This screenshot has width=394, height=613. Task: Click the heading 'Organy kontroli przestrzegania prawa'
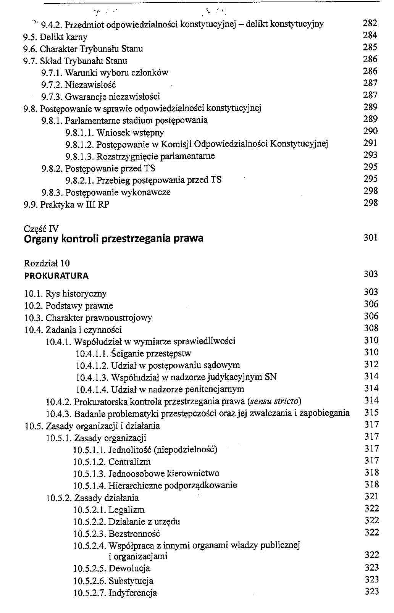[113, 239]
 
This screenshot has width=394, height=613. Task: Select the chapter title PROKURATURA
[56, 276]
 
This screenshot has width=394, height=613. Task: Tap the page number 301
[370, 238]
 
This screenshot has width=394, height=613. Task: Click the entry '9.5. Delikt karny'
[55, 37]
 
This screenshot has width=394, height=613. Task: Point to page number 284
[370, 35]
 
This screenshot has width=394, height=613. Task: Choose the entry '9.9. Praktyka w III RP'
[66, 205]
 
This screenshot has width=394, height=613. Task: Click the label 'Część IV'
[41, 229]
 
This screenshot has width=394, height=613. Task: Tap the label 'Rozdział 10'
[47, 263]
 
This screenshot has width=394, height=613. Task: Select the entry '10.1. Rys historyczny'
[65, 294]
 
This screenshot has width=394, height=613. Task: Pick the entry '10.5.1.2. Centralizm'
[112, 462]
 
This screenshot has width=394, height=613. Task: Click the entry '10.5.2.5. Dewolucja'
[111, 568]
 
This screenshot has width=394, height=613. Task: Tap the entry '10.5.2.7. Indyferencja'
[115, 593]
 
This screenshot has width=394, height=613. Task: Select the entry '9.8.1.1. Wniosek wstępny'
[115, 132]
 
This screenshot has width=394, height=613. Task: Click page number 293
[370, 155]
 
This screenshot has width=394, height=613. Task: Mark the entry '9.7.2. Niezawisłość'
[78, 85]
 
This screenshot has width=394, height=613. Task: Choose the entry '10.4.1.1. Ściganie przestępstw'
[133, 353]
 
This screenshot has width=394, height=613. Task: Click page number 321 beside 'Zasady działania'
[371, 497]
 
